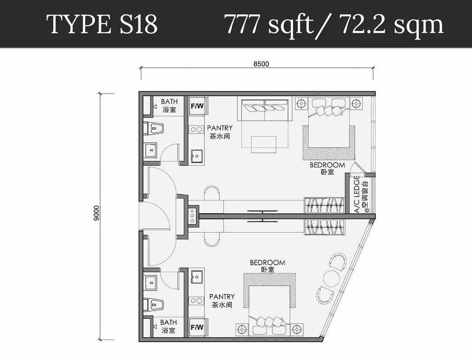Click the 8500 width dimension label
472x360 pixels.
pyautogui.click(x=261, y=64)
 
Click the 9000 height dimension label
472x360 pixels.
pyautogui.click(x=96, y=213)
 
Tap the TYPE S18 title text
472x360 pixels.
pyautogui.click(x=102, y=24)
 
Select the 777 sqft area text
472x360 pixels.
pyautogui.click(x=269, y=24)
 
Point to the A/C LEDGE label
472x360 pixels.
pyautogui.click(x=357, y=194)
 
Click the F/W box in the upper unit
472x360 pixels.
pyautogui.click(x=197, y=106)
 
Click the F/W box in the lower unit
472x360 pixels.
pyautogui.click(x=197, y=327)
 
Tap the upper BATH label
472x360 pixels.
pyautogui.click(x=169, y=102)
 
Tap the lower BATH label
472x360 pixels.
pyautogui.click(x=169, y=322)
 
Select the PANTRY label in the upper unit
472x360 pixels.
pyautogui.click(x=220, y=128)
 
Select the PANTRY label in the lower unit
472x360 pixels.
pyautogui.click(x=222, y=297)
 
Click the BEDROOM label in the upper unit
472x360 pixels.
pyautogui.click(x=327, y=165)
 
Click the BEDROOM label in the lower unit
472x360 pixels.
pyautogui.click(x=267, y=263)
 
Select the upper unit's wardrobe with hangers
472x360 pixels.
pyautogui.click(x=324, y=205)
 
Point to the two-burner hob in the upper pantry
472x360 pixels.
pyautogui.click(x=196, y=129)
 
